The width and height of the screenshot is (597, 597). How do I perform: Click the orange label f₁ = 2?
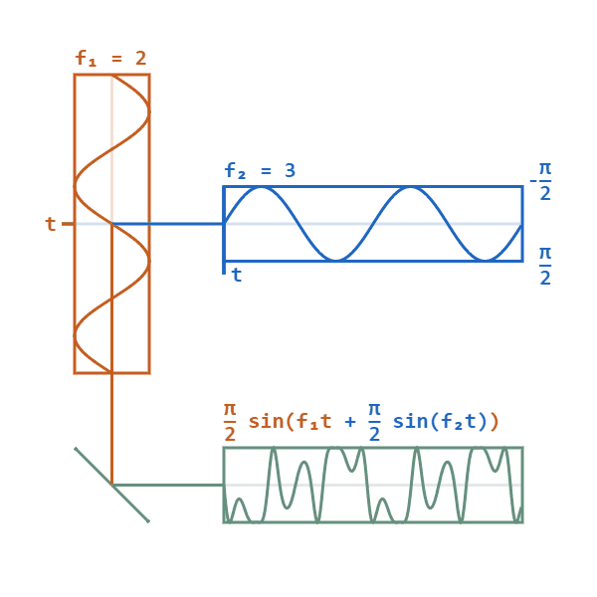tap(110, 59)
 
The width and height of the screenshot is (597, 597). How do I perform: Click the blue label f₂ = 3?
tap(259, 170)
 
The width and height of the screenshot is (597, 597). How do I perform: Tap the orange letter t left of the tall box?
tap(51, 224)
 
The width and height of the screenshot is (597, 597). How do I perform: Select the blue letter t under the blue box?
tap(237, 275)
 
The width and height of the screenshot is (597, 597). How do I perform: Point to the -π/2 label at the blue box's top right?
tap(543, 180)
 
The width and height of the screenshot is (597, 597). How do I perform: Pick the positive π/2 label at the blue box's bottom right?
tap(545, 266)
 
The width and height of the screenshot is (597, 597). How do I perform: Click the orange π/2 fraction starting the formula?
tap(230, 421)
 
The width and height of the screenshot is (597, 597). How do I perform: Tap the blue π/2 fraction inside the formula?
tap(374, 421)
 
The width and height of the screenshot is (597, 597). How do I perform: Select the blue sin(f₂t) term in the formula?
tap(440, 422)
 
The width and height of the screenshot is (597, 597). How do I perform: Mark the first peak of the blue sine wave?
tap(261, 187)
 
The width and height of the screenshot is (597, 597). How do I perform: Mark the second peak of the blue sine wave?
tap(410, 187)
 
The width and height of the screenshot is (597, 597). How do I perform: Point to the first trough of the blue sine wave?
tap(335, 261)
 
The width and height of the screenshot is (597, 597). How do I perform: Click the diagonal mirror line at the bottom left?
tap(111, 485)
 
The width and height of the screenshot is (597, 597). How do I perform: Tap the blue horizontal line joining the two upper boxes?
tap(186, 224)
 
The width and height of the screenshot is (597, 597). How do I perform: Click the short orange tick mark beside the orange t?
tap(68, 224)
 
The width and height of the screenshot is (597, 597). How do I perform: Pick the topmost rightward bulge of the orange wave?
tap(148, 111)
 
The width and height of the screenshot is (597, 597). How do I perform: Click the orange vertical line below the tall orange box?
tap(111, 428)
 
